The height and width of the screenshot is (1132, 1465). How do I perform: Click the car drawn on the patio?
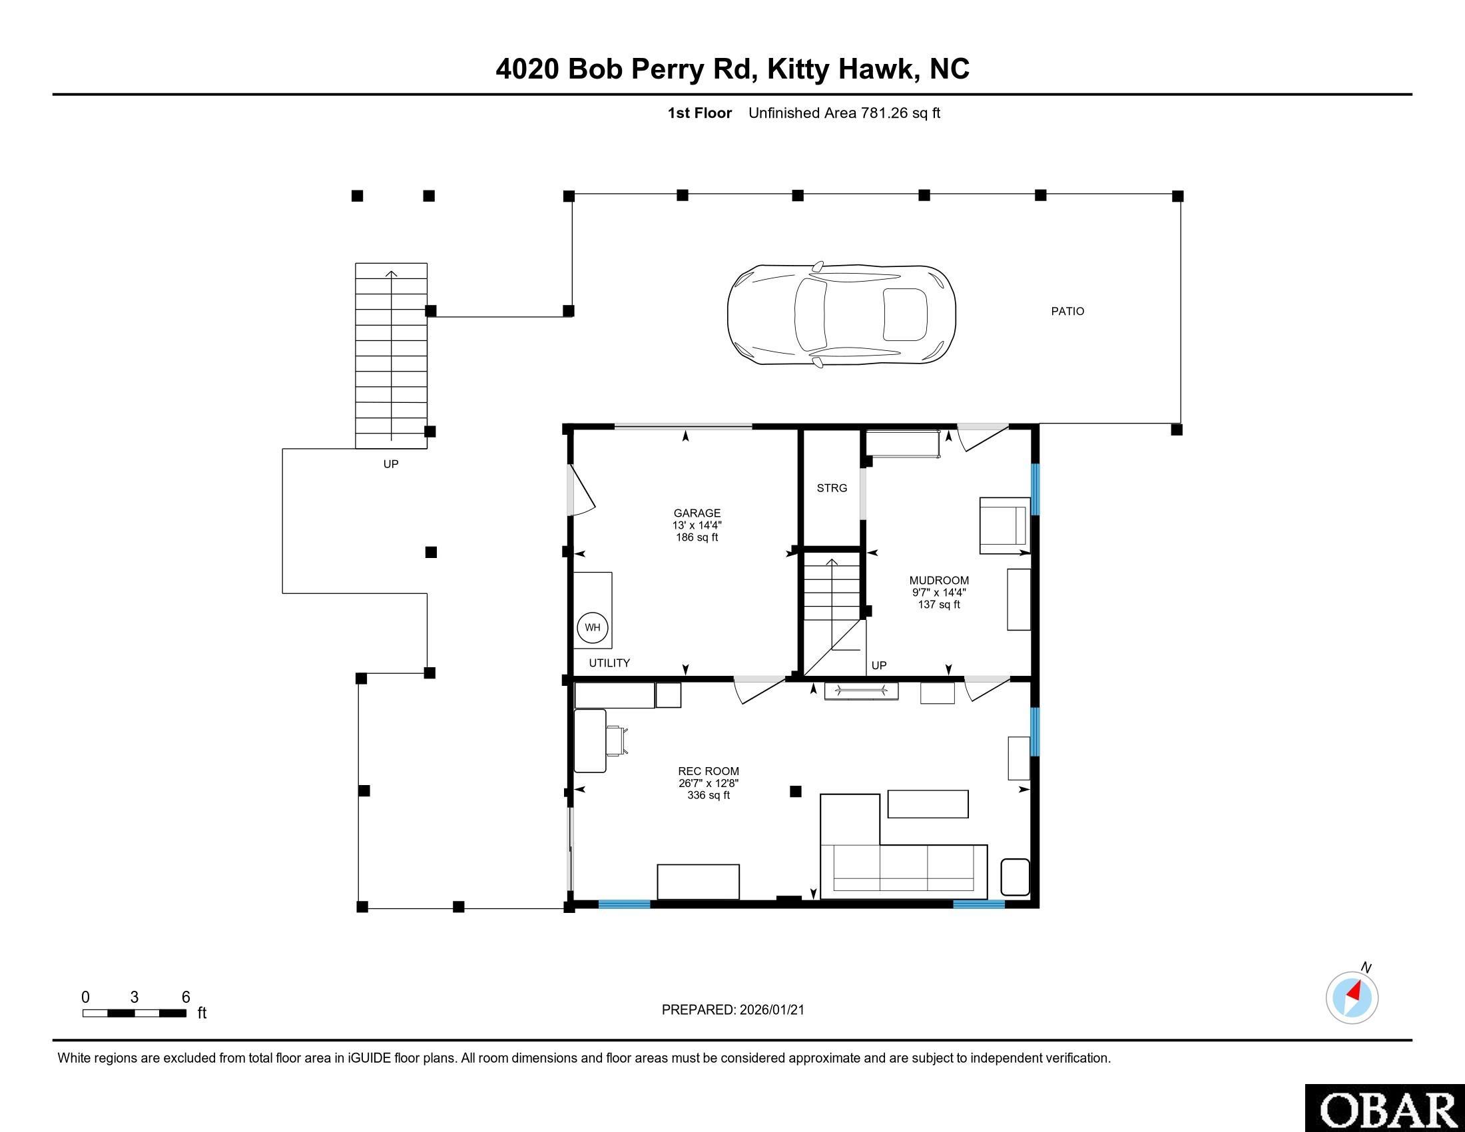841,314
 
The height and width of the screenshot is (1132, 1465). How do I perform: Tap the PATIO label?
1067,311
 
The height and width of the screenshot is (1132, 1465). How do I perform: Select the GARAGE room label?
697,513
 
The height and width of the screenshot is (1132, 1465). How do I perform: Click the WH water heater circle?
592,628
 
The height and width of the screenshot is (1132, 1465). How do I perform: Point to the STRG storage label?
832,488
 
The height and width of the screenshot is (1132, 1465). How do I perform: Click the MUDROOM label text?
938,581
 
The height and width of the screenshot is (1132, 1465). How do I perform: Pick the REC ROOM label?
709,771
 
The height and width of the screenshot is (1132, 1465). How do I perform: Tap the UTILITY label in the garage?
609,663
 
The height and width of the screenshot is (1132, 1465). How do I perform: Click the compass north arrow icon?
1352,997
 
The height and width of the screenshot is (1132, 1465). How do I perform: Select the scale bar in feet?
134,1013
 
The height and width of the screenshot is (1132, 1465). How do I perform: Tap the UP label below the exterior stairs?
390,464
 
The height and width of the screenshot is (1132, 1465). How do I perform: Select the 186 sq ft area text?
697,538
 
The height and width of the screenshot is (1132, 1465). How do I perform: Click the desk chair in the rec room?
619,740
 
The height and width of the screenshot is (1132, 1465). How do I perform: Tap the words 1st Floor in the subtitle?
699,113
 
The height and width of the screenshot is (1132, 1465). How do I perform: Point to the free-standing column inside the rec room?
796,791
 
